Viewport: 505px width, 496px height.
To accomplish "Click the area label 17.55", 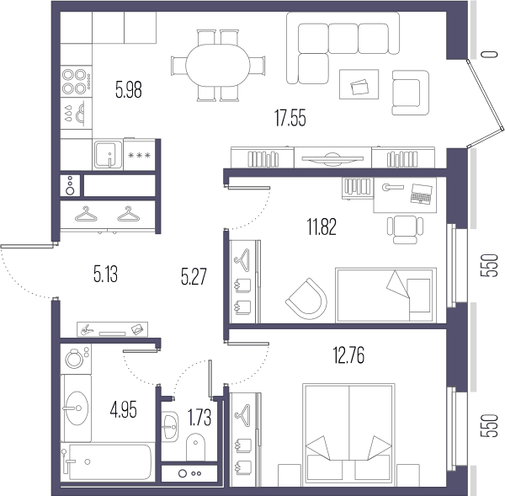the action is [x=290, y=118].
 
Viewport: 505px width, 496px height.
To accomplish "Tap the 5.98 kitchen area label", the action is [x=129, y=89].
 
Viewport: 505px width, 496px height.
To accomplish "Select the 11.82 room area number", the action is [x=322, y=227].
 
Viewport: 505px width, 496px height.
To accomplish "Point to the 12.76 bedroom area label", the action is [x=348, y=355].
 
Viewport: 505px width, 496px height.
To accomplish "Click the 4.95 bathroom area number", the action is [x=124, y=409].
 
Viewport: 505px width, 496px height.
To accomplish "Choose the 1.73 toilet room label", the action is [x=199, y=417].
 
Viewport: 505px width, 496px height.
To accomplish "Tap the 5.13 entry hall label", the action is [x=106, y=275].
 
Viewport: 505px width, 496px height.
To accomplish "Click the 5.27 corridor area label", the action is [x=194, y=276].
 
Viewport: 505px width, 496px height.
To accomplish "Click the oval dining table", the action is [x=218, y=66].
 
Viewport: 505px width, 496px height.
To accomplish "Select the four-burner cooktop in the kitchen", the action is [x=76, y=82].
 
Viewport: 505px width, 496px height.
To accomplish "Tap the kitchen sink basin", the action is [x=109, y=154].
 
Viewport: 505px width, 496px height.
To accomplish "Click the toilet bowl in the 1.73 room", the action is [x=195, y=446].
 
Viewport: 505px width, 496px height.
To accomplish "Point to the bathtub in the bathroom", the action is [x=110, y=461].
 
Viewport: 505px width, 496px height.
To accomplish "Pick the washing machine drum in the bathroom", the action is [x=74, y=359].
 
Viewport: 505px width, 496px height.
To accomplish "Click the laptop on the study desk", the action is [x=422, y=194].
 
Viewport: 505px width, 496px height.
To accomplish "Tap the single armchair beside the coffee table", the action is [x=411, y=93].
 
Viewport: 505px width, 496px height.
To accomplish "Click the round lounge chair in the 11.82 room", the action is [x=307, y=299].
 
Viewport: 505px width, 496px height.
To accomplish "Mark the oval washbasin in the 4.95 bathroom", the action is [x=77, y=408].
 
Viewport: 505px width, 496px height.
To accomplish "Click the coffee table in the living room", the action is [x=359, y=84].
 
